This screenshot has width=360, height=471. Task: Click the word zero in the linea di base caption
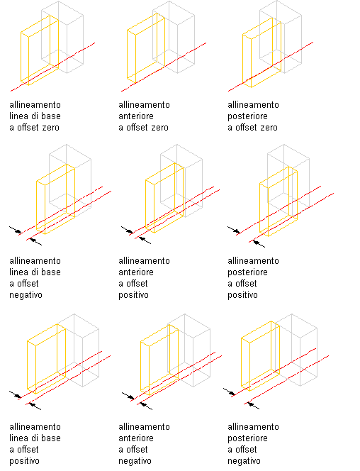pyautogui.click(x=51, y=128)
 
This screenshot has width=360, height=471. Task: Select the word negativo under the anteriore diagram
pyautogui.click(x=135, y=461)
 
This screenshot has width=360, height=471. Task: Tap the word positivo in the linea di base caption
pyautogui.click(x=24, y=461)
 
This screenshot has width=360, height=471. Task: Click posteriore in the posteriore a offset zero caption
pyautogui.click(x=247, y=116)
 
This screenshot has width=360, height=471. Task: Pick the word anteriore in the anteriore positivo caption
pyautogui.click(x=136, y=272)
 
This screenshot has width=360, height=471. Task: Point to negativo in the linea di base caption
pyautogui.click(x=26, y=295)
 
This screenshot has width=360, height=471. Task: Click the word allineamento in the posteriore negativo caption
pyautogui.click(x=253, y=427)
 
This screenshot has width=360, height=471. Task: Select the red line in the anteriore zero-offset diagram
pyautogui.click(x=164, y=67)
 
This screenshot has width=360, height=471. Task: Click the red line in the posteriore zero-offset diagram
pyautogui.click(x=271, y=67)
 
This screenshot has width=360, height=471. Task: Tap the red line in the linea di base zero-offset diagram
pyautogui.click(x=53, y=67)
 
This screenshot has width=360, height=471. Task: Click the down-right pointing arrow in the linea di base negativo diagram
pyautogui.click(x=16, y=230)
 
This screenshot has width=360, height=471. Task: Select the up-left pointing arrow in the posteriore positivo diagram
pyautogui.click(x=259, y=243)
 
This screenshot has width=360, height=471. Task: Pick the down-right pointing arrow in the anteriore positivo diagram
pyautogui.click(x=127, y=230)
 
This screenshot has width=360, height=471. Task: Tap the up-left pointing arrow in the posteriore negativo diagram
pyautogui.click(x=254, y=405)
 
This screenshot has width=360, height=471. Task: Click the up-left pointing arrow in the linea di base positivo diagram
pyautogui.click(x=35, y=406)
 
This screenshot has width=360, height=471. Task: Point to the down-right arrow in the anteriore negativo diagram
pyautogui.click(x=128, y=396)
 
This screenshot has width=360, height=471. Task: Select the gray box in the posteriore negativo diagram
pyautogui.click(x=317, y=355)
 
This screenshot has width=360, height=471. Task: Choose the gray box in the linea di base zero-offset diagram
pyautogui.click(x=83, y=42)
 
